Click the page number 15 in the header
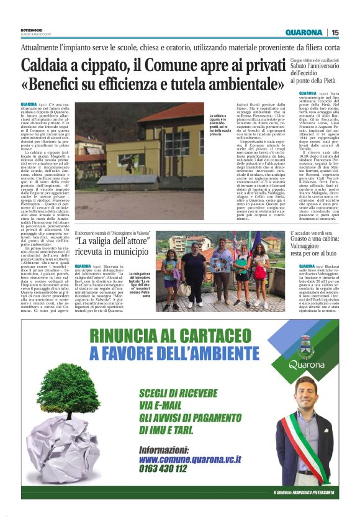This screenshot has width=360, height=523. (336, 32)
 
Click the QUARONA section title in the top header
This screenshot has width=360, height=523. (304, 32)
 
